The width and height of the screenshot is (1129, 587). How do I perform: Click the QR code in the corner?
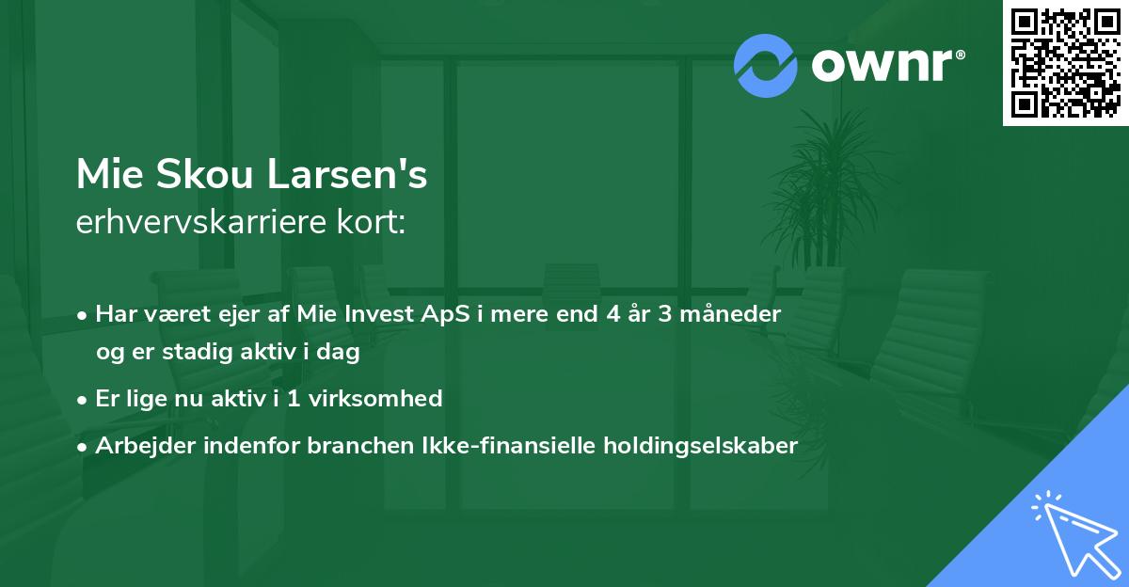pos(1065,62)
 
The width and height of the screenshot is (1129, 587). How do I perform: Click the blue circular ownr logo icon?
pos(766,66)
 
